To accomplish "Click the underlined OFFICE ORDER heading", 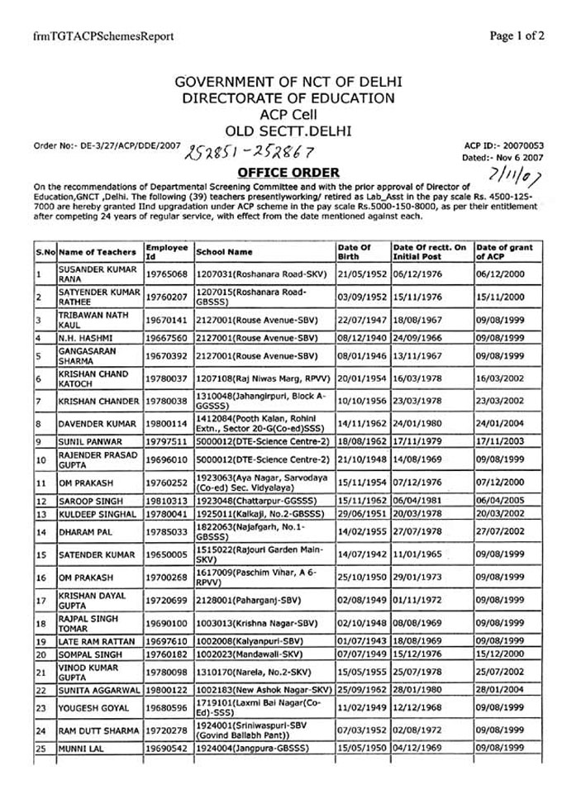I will coord(288,172).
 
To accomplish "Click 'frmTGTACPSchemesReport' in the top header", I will coord(91,37).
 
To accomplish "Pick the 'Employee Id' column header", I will coord(166,251).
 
